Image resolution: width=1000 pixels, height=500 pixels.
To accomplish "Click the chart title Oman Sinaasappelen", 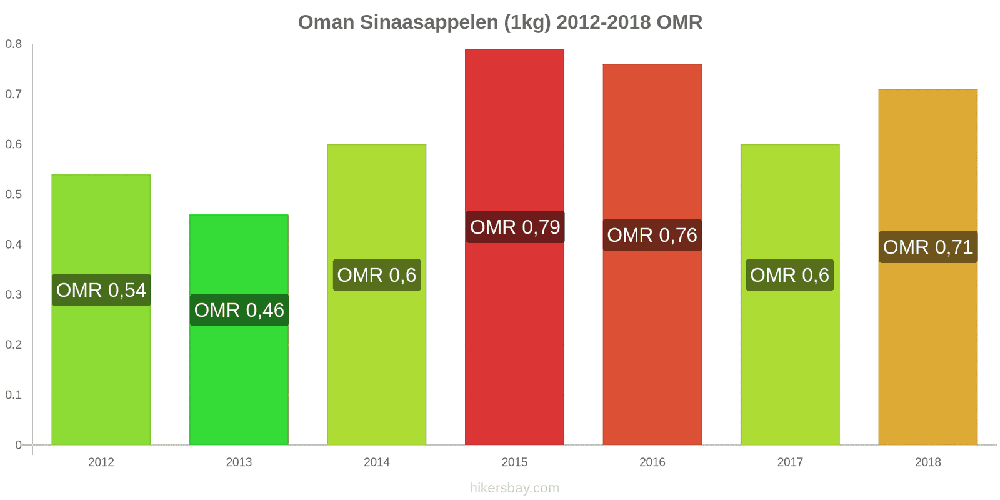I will click(x=500, y=22).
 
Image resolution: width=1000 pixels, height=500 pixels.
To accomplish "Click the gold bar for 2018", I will click(x=927, y=350).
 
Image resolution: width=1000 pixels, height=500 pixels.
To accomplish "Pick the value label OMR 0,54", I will click(x=101, y=290).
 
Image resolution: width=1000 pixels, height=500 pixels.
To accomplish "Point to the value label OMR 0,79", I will click(x=515, y=227).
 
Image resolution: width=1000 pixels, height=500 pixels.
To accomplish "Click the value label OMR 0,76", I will click(x=652, y=235).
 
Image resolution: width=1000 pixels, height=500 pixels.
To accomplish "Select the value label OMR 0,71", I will click(x=928, y=247).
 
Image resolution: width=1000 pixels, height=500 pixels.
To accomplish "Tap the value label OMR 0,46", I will click(x=239, y=310).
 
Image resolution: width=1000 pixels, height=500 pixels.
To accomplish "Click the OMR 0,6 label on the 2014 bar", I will click(x=377, y=275).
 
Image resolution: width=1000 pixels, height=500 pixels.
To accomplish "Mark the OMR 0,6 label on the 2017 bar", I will click(x=789, y=275).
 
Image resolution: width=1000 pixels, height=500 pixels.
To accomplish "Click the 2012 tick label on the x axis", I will click(x=101, y=462).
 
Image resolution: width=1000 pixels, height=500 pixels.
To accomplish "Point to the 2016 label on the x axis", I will click(x=652, y=462).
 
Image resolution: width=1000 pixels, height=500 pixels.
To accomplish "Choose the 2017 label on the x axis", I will click(x=790, y=462).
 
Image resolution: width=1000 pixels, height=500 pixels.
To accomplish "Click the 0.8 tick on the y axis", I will click(x=14, y=44).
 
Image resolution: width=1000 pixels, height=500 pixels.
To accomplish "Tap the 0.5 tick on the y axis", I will click(x=14, y=194).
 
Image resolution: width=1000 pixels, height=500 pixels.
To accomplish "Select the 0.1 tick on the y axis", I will click(x=14, y=395).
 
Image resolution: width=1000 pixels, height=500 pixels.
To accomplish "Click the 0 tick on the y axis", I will click(x=19, y=445).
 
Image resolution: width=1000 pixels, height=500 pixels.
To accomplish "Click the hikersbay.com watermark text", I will click(x=514, y=488).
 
